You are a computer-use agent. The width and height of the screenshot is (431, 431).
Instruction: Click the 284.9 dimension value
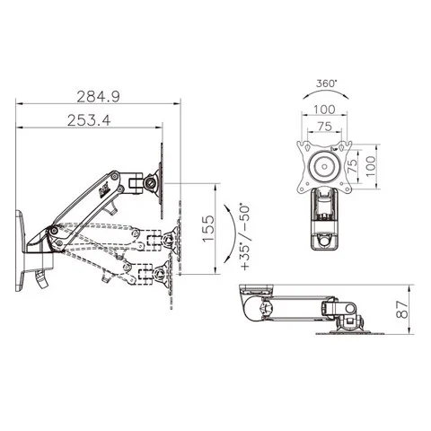click(x=99, y=96)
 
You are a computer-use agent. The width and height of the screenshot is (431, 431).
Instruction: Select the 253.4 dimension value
click(x=89, y=120)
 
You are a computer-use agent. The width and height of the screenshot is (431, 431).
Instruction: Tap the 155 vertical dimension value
click(x=208, y=228)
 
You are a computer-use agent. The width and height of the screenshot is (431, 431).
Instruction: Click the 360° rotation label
click(x=326, y=84)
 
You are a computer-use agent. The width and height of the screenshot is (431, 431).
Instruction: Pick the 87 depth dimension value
click(x=402, y=310)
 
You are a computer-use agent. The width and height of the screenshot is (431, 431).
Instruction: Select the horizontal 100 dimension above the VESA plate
click(x=325, y=110)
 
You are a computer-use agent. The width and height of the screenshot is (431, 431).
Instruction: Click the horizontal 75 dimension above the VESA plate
click(x=325, y=127)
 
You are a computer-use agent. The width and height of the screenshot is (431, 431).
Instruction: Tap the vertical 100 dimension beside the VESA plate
click(x=371, y=166)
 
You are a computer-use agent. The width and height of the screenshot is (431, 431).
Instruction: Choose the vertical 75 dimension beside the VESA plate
click(x=353, y=165)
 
